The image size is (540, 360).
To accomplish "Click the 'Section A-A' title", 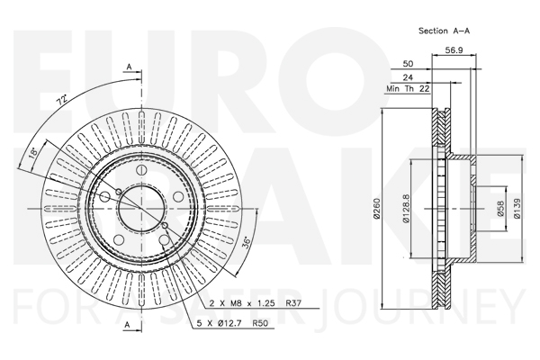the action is coord(444,31).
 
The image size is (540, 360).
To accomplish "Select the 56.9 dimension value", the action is coord(454,50).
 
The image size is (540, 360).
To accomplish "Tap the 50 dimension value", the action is coord(408,64).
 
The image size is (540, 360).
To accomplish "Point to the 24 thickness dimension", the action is coord(408,77).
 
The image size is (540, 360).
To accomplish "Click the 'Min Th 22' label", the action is coord(408,89).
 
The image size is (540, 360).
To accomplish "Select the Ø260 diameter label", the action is coord(376,208).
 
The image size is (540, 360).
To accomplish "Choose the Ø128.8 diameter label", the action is coord(406,208).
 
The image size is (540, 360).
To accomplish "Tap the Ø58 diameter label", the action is coord(500,209).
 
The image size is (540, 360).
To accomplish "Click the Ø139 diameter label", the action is coord(517,208).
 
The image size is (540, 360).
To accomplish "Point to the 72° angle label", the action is coord(61,101).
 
